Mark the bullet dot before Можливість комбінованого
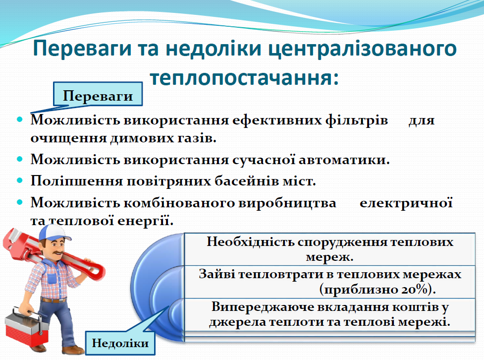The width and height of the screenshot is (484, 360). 20,202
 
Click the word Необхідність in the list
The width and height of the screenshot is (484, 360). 249,242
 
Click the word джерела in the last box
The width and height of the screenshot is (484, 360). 233,322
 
